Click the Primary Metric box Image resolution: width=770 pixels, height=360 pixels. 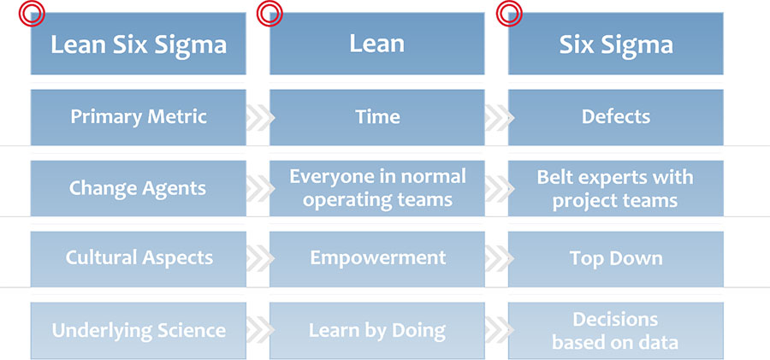(138, 117)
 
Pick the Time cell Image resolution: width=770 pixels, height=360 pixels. (377, 117)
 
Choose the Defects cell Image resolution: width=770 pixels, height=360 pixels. (616, 117)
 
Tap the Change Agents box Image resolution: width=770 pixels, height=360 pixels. (138, 188)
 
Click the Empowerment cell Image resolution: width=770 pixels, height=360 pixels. (377, 259)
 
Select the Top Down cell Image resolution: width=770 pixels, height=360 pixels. (616, 259)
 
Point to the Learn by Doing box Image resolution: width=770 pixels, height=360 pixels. (377, 330)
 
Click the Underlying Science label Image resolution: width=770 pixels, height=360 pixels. (139, 331)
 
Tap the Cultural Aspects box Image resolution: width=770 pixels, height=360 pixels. (138, 259)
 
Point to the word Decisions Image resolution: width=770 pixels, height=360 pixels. (615, 319)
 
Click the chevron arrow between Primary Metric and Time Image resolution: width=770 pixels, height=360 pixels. (259, 118)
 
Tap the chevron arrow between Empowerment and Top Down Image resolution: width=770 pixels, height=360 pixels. (499, 259)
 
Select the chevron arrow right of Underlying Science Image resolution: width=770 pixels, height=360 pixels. (259, 330)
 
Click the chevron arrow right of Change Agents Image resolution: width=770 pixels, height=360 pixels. (259, 188)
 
